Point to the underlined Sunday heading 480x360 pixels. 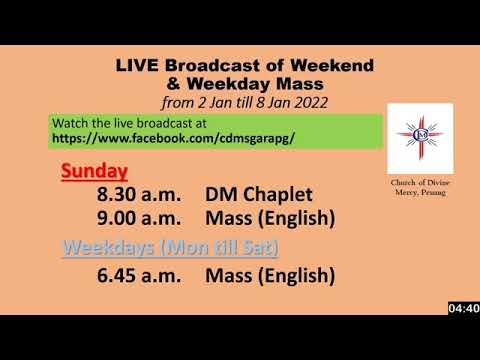click(x=94, y=171)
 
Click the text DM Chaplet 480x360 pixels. click(x=259, y=195)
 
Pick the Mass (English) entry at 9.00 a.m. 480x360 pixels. click(x=269, y=218)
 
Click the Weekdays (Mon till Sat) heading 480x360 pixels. click(x=170, y=247)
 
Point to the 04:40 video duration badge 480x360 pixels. click(x=463, y=307)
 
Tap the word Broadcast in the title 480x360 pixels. click(x=221, y=65)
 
